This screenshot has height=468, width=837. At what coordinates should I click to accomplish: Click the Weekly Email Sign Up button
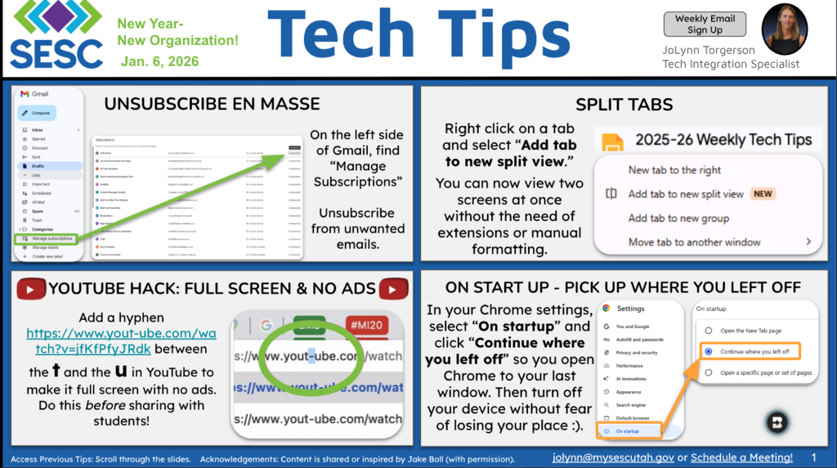(x=705, y=24)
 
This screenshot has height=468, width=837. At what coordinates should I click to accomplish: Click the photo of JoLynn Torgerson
(x=784, y=29)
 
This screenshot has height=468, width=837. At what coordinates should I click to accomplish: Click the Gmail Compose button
(x=41, y=113)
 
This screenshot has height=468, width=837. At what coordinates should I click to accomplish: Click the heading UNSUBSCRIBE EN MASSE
(x=212, y=104)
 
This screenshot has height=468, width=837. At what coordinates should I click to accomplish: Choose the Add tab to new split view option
(x=686, y=194)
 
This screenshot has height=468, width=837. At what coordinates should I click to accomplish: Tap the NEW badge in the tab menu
(x=763, y=194)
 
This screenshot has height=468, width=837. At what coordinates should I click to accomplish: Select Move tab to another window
(x=694, y=242)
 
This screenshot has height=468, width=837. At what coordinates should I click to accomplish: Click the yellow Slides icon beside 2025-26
(x=613, y=141)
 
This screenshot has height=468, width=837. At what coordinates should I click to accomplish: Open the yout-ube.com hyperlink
(x=110, y=341)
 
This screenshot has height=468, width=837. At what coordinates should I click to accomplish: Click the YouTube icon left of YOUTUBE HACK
(x=32, y=288)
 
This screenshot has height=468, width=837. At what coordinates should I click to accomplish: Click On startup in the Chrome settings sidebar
(x=628, y=431)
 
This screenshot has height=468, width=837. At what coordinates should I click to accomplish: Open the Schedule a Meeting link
(x=741, y=457)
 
